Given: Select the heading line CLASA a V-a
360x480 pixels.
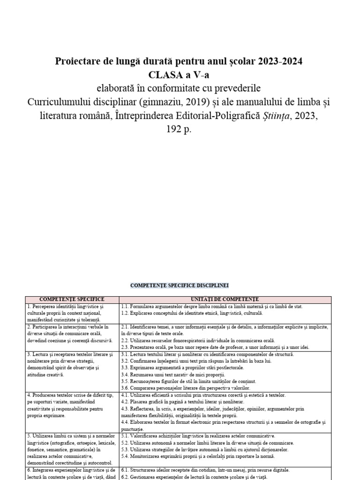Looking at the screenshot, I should click(x=180, y=75).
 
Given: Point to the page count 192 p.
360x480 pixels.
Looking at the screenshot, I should click(x=180, y=129).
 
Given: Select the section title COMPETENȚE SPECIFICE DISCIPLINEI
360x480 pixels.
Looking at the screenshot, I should click(x=179, y=285).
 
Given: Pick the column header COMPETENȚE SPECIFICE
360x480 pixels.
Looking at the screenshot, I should click(x=72, y=299).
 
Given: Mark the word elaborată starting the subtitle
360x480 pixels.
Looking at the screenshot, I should click(x=117, y=89).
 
